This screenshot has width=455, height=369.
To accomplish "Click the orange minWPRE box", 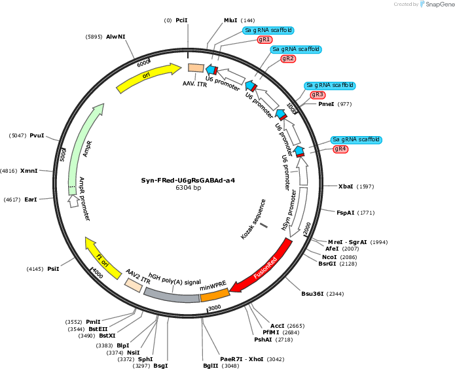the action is (x=215, y=294).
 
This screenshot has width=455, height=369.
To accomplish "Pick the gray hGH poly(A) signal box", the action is (x=172, y=296).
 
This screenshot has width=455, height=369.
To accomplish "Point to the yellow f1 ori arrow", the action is (x=102, y=258).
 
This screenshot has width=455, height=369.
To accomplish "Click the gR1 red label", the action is (x=264, y=39).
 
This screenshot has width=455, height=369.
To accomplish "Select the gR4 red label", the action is (x=340, y=149).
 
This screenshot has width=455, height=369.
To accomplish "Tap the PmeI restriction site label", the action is (x=326, y=104).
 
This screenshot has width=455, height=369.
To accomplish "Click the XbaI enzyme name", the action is (x=346, y=186).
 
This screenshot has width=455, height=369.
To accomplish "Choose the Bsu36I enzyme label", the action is (x=312, y=294).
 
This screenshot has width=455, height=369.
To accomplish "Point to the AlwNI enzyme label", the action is (x=116, y=37).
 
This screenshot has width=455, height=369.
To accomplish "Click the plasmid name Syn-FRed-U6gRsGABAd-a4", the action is (x=188, y=181).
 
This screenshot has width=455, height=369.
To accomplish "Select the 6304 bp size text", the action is (x=189, y=188).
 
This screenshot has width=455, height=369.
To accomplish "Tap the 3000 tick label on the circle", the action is (x=215, y=307).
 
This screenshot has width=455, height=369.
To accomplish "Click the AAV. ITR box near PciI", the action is (x=196, y=68).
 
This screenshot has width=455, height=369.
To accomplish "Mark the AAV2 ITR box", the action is (x=134, y=285).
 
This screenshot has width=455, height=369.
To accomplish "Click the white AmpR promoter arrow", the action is (x=73, y=201).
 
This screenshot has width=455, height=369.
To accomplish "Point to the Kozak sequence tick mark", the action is (x=264, y=225).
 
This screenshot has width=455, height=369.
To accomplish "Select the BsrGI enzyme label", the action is (x=327, y=264).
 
